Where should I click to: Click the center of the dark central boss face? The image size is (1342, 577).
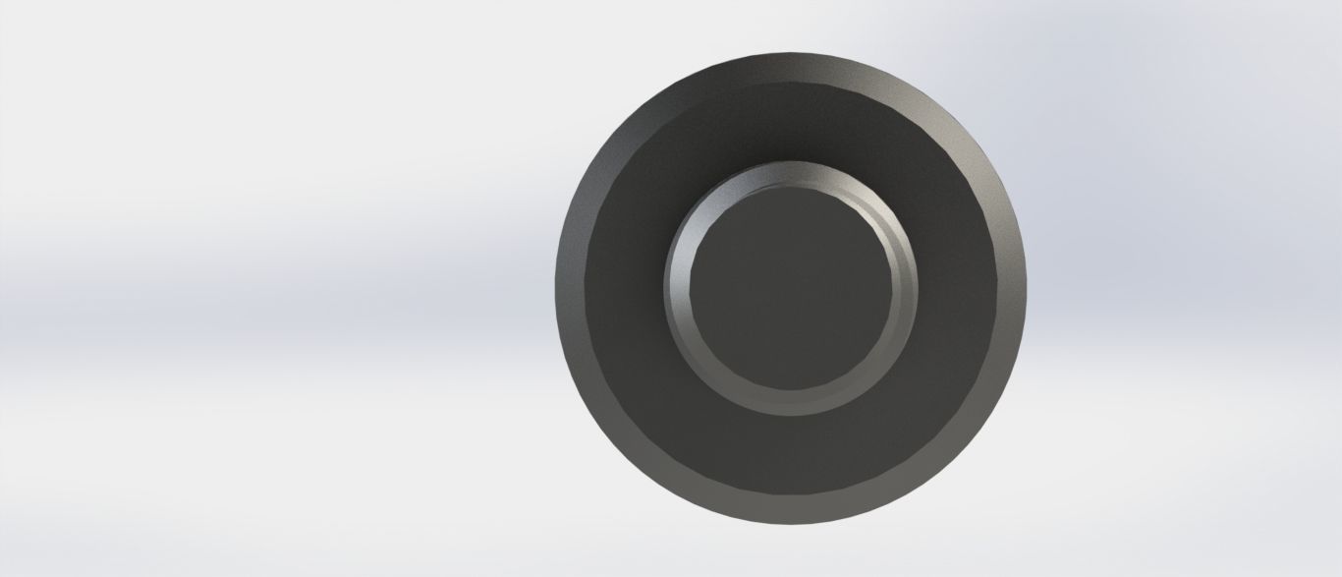point(791,288)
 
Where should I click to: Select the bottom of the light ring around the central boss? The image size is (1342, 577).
point(791,403)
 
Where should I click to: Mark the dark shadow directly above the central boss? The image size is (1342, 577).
point(791,128)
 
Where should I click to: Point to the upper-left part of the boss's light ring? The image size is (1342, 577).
point(710,207)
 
